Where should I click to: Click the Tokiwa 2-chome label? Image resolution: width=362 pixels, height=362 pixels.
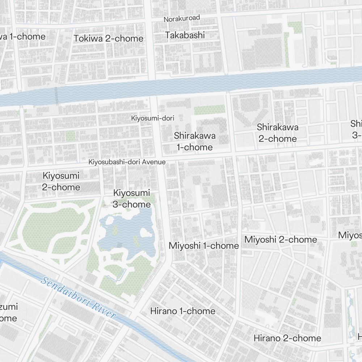pyautogui.click(x=109, y=38)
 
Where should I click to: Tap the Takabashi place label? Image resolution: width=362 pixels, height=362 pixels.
pyautogui.click(x=185, y=35)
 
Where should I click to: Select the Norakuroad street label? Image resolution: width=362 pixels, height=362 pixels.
pyautogui.click(x=182, y=18)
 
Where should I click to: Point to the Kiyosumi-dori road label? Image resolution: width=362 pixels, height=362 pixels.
pyautogui.click(x=153, y=118)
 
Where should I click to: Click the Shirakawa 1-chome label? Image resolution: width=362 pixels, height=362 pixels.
pyautogui.click(x=195, y=142)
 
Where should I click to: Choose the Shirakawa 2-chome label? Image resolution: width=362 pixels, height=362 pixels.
pyautogui.click(x=278, y=133)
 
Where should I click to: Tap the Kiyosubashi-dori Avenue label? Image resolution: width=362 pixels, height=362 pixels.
pyautogui.click(x=127, y=162)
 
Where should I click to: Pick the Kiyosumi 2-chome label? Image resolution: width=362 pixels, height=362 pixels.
pyautogui.click(x=61, y=181)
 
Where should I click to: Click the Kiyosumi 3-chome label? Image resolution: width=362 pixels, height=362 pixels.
pyautogui.click(x=131, y=199)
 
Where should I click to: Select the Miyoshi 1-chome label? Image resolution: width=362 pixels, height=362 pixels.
pyautogui.click(x=204, y=246)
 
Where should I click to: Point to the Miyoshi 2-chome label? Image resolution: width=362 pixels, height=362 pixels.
pyautogui.click(x=281, y=240)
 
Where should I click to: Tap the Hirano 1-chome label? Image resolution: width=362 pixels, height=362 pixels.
pyautogui.click(x=182, y=311)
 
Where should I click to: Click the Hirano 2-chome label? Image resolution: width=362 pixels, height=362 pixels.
pyautogui.click(x=287, y=338)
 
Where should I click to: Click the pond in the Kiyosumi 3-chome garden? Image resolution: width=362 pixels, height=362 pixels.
pyautogui.click(x=127, y=232)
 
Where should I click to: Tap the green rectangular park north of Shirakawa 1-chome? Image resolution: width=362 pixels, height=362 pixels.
pyautogui.click(x=210, y=110)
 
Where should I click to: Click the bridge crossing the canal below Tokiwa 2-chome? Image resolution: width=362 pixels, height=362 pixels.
pyautogui.click(x=56, y=96)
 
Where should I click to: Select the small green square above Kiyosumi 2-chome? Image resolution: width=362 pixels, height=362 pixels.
pyautogui.click(x=71, y=136)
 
